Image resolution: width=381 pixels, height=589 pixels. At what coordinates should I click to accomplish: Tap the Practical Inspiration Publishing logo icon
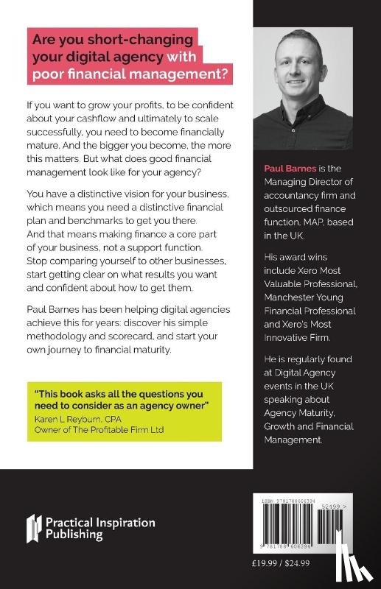[x=35, y=528]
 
